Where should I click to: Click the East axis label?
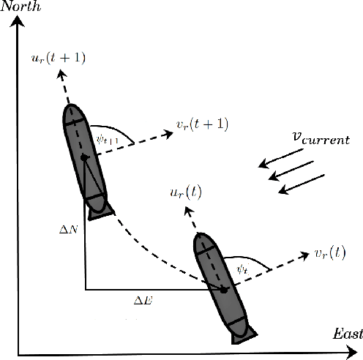pyautogui.click(x=347, y=334)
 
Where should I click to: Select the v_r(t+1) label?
pyautogui.click(x=202, y=124)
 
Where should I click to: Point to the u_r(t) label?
pyautogui.click(x=183, y=192)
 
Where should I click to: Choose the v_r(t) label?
pyautogui.click(x=338, y=253)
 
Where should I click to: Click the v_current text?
pyautogui.click(x=321, y=138)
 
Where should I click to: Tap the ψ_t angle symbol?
pyautogui.click(x=243, y=269)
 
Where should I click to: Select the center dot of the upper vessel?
pyautogui.click(x=84, y=157)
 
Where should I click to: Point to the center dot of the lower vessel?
pyautogui.click(x=224, y=290)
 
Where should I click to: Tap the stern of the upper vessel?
pyautogui.click(x=98, y=213)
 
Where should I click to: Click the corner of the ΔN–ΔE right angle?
pyautogui.click(x=86, y=290)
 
